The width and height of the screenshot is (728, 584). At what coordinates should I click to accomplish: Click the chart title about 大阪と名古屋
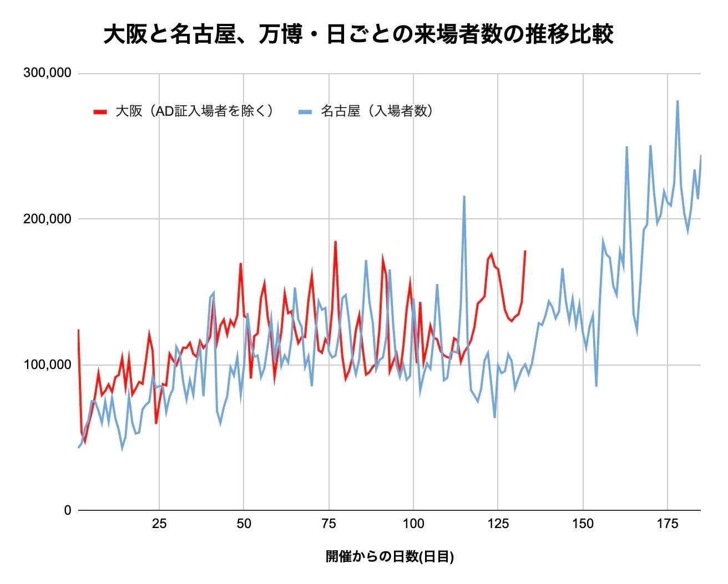(x=358, y=34)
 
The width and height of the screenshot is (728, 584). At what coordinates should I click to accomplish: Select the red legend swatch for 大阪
(x=100, y=111)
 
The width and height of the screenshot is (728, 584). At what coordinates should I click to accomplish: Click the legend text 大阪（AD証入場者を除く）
(x=195, y=111)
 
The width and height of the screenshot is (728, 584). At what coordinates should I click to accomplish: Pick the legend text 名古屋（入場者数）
(x=377, y=111)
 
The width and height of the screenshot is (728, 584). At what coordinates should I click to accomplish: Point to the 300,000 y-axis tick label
(x=48, y=73)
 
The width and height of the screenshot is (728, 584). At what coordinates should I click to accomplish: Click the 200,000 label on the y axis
(x=48, y=219)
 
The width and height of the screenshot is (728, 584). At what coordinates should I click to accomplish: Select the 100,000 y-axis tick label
(x=48, y=365)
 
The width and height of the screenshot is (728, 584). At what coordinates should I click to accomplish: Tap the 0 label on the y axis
(x=68, y=510)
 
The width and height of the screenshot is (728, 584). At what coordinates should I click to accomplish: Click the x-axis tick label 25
(x=159, y=524)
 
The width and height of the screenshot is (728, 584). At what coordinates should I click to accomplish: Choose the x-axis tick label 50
(x=244, y=524)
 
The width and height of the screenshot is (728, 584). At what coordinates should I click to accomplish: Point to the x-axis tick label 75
(x=328, y=524)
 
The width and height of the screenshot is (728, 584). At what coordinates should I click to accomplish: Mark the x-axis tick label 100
(x=413, y=524)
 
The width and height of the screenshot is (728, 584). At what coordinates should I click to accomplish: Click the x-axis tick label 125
(x=498, y=524)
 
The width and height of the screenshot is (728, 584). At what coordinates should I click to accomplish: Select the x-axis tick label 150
(x=583, y=524)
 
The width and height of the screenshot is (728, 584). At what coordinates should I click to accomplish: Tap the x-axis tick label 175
(x=668, y=524)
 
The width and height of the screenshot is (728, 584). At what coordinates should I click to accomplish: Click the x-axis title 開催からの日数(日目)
(x=390, y=557)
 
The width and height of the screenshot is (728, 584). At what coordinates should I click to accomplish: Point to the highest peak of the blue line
(x=678, y=101)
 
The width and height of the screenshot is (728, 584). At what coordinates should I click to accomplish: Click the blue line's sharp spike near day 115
(x=464, y=196)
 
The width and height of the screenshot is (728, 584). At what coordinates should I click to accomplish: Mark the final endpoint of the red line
(x=525, y=251)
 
